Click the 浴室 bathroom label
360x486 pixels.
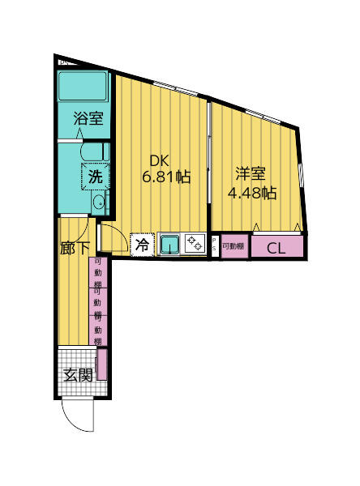tap(88, 118)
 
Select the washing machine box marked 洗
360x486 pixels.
tap(95, 175)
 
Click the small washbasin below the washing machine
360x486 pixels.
tap(99, 203)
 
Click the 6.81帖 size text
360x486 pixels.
tap(167, 177)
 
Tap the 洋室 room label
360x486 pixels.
tap(251, 173)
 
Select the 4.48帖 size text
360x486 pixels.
tap(252, 193)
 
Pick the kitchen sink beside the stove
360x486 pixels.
tap(170, 243)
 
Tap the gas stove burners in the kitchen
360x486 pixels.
tap(195, 243)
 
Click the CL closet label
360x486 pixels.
tap(276, 248)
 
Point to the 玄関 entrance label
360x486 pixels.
tap(78, 375)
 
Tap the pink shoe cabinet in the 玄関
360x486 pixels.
tap(101, 364)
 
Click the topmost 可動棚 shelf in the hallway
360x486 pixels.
tap(98, 273)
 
